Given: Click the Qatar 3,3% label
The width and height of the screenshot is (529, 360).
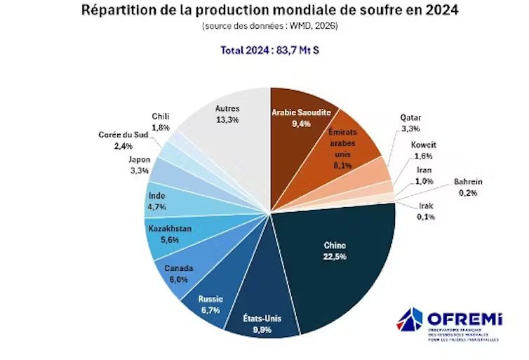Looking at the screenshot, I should coord(411,122).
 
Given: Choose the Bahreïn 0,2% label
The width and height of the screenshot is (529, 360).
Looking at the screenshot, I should coord(468,186).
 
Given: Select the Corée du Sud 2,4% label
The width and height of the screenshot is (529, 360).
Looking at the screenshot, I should coord(123,140).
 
